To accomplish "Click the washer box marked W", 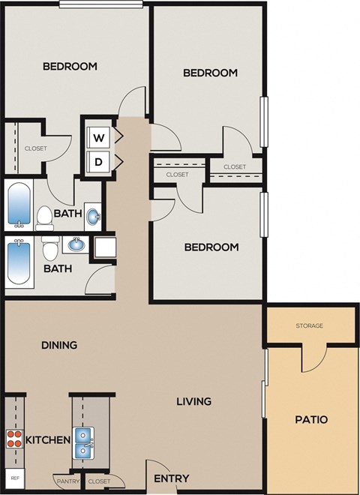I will click(97, 138).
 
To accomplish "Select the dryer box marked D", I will click(97, 160).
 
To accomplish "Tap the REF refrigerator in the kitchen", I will click(13, 477).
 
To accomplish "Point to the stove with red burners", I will click(14, 439).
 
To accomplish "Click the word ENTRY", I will click(171, 478).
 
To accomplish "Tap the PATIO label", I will click(310, 419).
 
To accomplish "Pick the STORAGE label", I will click(309, 325).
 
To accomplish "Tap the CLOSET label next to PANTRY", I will click(98, 481).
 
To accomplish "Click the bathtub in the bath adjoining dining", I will click(18, 262).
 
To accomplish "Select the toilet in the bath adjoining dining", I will click(50, 248).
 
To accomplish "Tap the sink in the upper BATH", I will click(93, 217).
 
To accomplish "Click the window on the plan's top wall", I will click(101, 4).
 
